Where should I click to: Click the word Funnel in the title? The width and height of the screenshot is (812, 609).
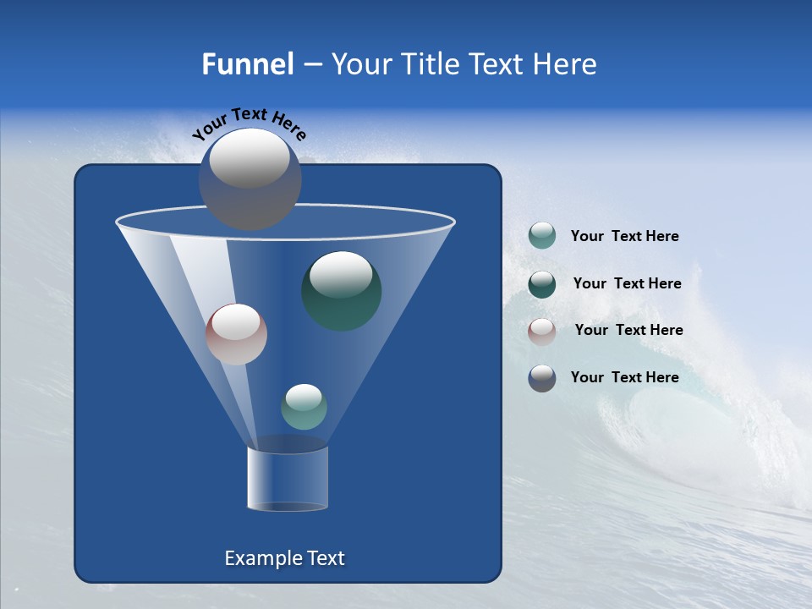(x=247, y=64)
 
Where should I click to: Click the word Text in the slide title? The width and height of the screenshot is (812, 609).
(x=499, y=64)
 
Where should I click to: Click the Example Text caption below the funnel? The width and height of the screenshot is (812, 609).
(x=284, y=558)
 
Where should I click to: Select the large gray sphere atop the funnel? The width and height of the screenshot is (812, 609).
(x=250, y=179)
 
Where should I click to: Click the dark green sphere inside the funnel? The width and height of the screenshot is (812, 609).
(x=341, y=290)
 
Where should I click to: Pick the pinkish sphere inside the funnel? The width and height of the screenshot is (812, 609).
(x=236, y=334)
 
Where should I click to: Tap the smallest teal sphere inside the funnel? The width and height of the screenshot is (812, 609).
(x=304, y=406)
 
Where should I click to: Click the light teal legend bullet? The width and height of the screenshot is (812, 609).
(x=542, y=236)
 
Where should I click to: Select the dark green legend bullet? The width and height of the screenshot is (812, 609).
(x=542, y=284)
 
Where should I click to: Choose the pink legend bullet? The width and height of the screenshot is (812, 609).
(x=542, y=331)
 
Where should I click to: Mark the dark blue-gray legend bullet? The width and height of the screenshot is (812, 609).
(x=542, y=378)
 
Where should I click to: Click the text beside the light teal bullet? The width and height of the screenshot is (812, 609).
(x=624, y=237)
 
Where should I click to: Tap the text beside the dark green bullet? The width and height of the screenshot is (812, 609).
(x=627, y=283)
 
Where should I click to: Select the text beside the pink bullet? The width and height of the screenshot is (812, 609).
(x=628, y=330)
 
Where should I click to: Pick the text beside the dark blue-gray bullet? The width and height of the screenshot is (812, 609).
(x=624, y=377)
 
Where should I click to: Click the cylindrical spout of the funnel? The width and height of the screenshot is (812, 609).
(x=288, y=478)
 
